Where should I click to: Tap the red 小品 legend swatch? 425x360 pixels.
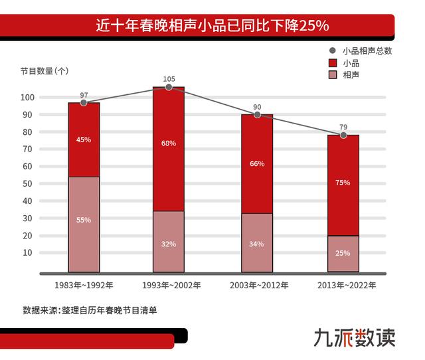[333, 63]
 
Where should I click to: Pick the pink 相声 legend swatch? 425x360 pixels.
[333, 76]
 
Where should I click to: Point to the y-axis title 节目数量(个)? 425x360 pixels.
[44, 71]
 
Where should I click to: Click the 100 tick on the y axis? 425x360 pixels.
[27, 97]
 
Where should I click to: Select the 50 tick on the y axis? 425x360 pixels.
[29, 183]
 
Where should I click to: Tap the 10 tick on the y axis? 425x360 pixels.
[29, 252]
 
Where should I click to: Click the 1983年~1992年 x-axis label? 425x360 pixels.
[84, 286]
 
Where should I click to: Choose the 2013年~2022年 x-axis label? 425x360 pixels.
[344, 286]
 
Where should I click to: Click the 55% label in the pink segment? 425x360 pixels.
[84, 220]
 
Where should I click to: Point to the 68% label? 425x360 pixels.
[169, 144]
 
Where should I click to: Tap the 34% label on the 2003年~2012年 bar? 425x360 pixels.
[257, 244]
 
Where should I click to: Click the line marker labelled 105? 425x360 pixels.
[169, 87]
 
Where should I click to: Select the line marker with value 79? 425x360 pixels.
[343, 135]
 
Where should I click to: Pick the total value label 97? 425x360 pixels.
[84, 95]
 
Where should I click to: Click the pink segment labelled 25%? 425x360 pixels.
[343, 254]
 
